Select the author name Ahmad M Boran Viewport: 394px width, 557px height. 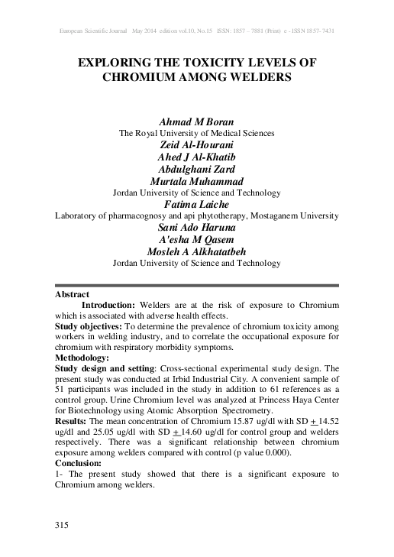click(x=197, y=121)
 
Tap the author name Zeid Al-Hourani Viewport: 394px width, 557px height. click(x=197, y=144)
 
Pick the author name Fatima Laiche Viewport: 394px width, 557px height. click(x=197, y=205)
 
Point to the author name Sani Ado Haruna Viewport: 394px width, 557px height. click(x=197, y=228)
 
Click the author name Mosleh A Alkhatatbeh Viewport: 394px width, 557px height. click(x=197, y=251)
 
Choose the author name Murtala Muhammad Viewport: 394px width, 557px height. click(x=197, y=181)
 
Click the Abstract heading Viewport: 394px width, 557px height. click(x=73, y=294)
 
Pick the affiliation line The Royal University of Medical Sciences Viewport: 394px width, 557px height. click(x=197, y=133)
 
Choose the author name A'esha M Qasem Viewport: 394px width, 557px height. click(x=197, y=240)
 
